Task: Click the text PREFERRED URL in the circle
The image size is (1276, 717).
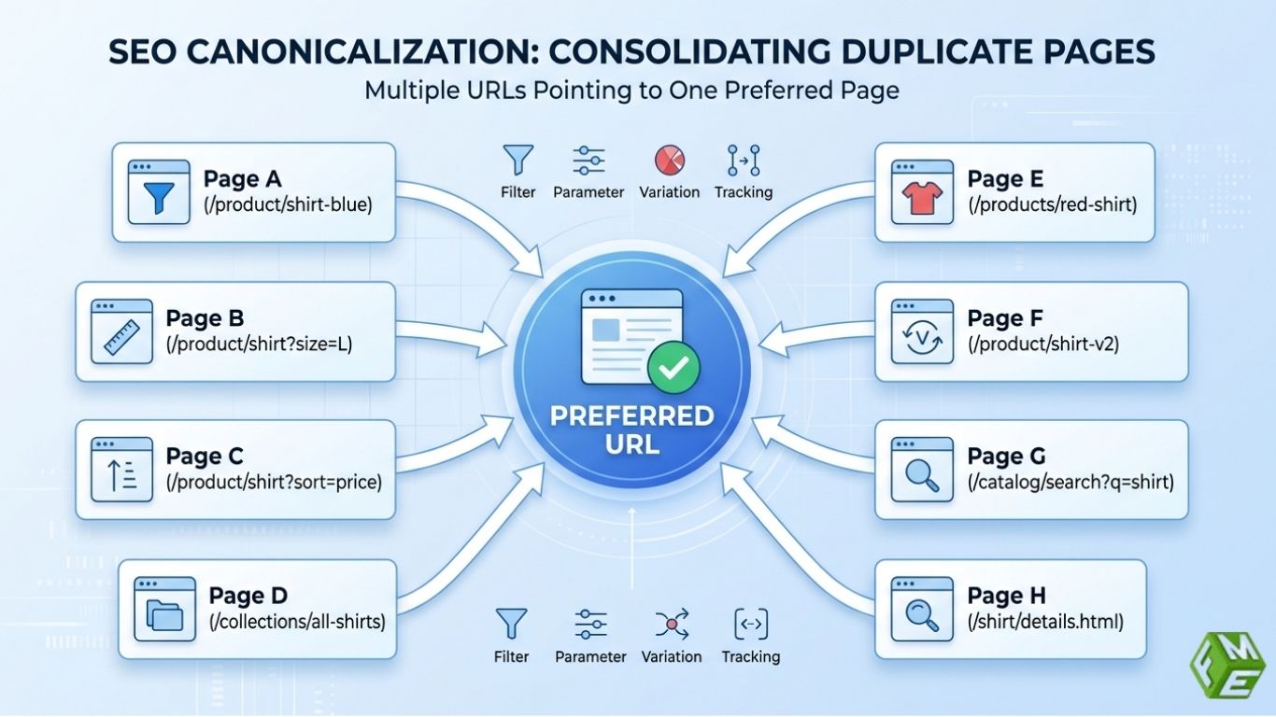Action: tap(631, 429)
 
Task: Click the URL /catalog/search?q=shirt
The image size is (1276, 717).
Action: tap(1070, 482)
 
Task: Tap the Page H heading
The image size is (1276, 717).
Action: tap(1006, 595)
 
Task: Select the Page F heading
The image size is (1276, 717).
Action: tap(1005, 318)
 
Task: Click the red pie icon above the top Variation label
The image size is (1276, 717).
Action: tap(670, 161)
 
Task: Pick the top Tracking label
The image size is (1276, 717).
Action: tap(744, 191)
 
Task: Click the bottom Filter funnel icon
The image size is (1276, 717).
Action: tap(512, 623)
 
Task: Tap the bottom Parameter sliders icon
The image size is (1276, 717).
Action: tap(590, 623)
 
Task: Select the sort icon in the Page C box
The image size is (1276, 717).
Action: tap(121, 470)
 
